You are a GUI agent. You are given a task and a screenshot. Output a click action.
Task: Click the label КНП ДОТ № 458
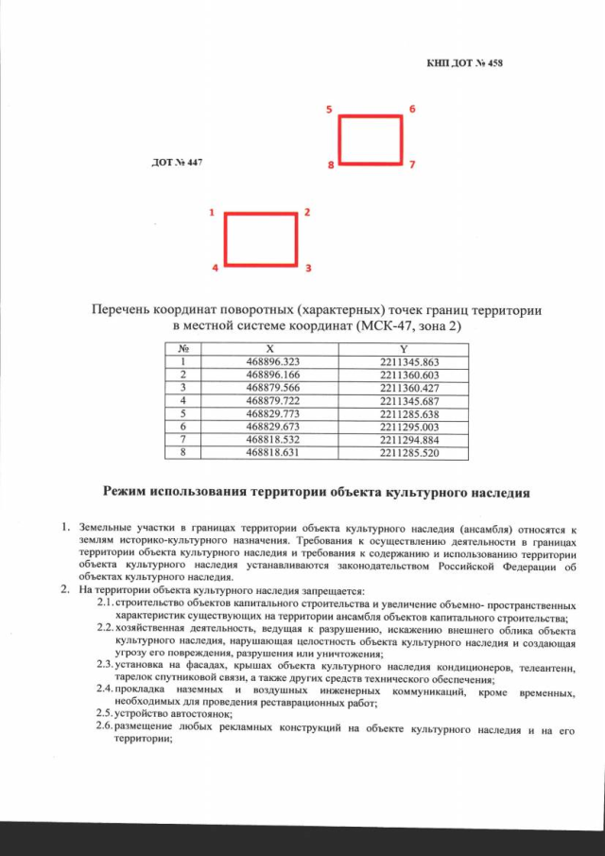464,64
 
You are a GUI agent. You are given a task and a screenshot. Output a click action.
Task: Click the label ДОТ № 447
177,163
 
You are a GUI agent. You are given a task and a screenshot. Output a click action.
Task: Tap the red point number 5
329,110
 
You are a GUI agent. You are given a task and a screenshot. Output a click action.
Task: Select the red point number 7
412,165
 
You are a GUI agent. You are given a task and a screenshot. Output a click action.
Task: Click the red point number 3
308,269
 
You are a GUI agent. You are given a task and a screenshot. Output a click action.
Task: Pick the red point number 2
308,213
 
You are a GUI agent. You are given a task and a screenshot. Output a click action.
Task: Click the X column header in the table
270,349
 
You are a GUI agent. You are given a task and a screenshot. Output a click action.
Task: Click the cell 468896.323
270,362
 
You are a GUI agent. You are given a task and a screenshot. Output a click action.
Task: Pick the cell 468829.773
270,413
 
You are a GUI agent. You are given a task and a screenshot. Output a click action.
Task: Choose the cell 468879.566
270,388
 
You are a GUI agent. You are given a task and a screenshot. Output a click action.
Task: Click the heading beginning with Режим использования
316,491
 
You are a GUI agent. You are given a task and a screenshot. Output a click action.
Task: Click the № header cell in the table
180,349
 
